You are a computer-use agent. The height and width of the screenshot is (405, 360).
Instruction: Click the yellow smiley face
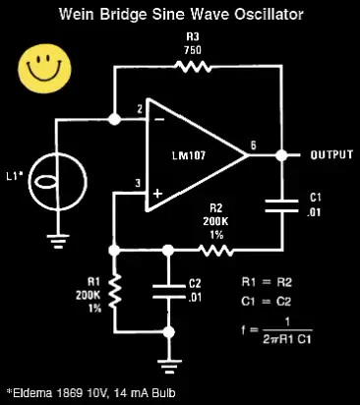tap(44, 69)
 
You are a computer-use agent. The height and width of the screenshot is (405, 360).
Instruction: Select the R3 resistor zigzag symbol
tap(193, 67)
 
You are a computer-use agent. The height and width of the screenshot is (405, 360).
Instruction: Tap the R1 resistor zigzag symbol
tap(115, 292)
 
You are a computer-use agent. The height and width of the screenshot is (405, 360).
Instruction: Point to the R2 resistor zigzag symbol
tap(215, 251)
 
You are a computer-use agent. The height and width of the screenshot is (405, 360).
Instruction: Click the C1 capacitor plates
tap(281, 205)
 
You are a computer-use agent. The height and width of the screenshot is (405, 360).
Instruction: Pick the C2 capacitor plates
tap(169, 291)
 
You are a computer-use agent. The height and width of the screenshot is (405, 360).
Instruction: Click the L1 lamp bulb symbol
tap(58, 182)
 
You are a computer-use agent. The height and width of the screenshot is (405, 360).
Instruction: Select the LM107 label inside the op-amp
tap(189, 155)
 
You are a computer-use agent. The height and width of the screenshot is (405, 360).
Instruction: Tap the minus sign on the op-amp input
tap(159, 120)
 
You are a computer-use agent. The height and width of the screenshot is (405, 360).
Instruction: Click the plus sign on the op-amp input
tap(157, 194)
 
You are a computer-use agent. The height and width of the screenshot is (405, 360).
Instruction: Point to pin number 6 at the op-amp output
tap(254, 145)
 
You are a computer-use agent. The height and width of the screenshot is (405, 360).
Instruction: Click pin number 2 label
tap(140, 109)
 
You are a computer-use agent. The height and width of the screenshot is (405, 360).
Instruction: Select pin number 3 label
tap(138, 183)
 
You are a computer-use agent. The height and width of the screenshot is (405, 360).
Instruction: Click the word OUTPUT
tap(331, 154)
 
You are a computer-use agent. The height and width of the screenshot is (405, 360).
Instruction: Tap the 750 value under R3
tap(193, 50)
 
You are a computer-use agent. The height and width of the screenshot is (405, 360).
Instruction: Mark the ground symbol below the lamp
tap(58, 241)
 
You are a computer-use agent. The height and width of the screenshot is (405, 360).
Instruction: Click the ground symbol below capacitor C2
tap(169, 367)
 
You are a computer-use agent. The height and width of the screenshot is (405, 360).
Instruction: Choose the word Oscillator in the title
tap(269, 15)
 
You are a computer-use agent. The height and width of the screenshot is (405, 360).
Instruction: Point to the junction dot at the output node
tap(281, 155)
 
